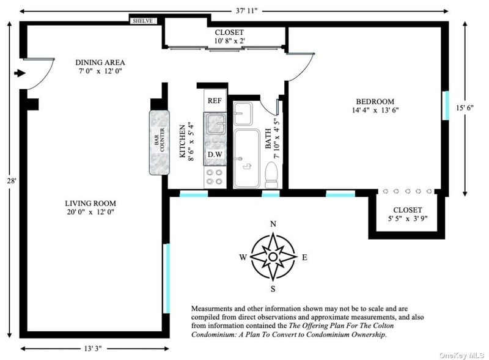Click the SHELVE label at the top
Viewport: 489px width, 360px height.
point(143,21)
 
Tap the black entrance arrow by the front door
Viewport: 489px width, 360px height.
point(20,73)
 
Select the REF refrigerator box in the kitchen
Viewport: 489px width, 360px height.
point(215,100)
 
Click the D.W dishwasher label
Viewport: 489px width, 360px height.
point(215,154)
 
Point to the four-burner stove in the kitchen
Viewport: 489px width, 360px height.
point(215,177)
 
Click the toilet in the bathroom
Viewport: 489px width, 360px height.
point(271,175)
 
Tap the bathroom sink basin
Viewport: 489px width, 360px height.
point(243,114)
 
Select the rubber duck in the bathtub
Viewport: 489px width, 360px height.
point(248,167)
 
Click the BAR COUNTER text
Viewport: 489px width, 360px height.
point(160,142)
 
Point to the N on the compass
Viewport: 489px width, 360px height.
point(273,224)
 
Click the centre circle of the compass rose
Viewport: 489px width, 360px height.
point(273,257)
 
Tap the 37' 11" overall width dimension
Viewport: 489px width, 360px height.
point(246,11)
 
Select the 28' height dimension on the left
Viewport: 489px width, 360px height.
point(12,180)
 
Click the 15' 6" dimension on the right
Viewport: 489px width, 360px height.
point(465,108)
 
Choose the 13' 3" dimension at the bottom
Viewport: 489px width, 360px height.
point(93,348)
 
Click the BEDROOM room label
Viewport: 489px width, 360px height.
point(375,101)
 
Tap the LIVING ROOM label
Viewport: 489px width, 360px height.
point(90,204)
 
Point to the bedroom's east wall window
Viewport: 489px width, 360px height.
point(446,106)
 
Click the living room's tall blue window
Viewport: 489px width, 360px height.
point(167,278)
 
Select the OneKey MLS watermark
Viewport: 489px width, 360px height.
point(461,355)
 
